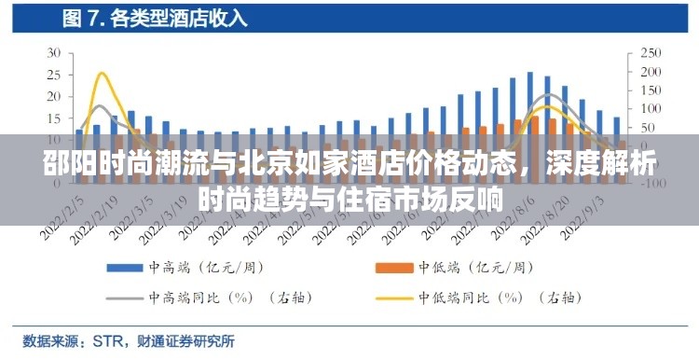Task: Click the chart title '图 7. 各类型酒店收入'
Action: (154, 18)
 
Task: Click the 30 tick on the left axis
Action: (53, 52)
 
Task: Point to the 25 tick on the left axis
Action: (53, 75)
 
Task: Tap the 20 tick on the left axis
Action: (53, 97)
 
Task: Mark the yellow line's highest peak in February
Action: (101, 73)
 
